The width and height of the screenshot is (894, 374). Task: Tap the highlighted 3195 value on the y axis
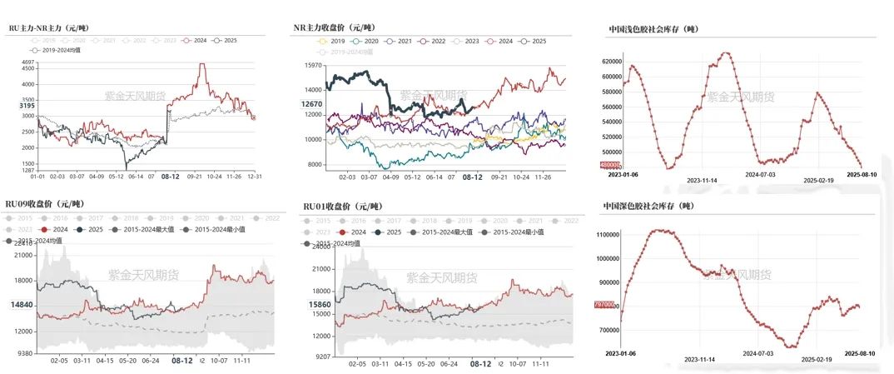coord(25,106)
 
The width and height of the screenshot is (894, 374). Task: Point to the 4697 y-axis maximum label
coord(27,62)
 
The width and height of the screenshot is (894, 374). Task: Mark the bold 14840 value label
coord(22,305)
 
